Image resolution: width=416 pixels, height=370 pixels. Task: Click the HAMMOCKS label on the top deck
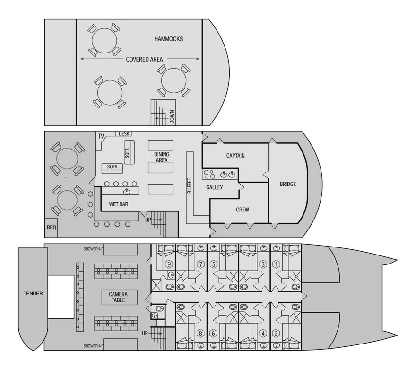pos(168,39)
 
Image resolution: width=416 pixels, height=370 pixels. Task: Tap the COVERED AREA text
pos(144,59)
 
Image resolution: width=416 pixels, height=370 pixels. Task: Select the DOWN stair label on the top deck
pos(172,117)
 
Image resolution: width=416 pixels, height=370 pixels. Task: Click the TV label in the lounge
pos(101,136)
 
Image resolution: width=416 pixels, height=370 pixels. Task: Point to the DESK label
pos(124,134)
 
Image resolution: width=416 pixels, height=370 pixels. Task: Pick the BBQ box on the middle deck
pos(51,228)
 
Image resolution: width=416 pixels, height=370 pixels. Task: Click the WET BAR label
pos(118,204)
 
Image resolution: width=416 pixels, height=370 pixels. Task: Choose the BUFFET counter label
pos(190,185)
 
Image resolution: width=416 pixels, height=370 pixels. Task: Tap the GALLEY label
pos(214,187)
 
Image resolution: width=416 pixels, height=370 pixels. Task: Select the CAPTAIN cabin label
pos(235,156)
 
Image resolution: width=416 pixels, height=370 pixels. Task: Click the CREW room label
pos(243,210)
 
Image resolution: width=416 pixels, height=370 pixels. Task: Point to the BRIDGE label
pos(287,184)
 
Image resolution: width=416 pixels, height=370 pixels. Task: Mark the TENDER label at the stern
pos(33,294)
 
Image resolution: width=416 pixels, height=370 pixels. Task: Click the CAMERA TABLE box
pos(120,297)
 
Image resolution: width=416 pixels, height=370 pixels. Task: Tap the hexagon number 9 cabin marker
pos(169,264)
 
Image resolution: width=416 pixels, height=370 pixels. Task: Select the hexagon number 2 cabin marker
pos(276,334)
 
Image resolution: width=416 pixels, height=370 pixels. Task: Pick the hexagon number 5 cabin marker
pos(213,264)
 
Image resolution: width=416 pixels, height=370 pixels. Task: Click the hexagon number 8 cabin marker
pos(200,334)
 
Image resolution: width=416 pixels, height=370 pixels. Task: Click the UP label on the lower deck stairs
pos(145,333)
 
